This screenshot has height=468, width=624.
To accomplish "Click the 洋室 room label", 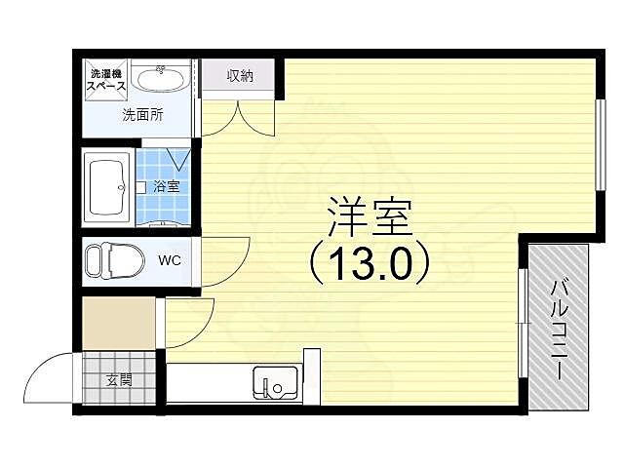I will coord(368,215).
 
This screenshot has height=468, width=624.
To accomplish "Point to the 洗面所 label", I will coord(142,114).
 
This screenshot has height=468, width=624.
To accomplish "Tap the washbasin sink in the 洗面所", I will coord(163,77).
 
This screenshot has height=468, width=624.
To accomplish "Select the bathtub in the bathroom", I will coord(107,186).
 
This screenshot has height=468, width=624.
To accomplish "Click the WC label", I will coord(170,260).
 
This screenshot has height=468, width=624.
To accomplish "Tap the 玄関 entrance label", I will coord(119,379).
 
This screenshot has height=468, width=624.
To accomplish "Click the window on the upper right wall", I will coord(600,145).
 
